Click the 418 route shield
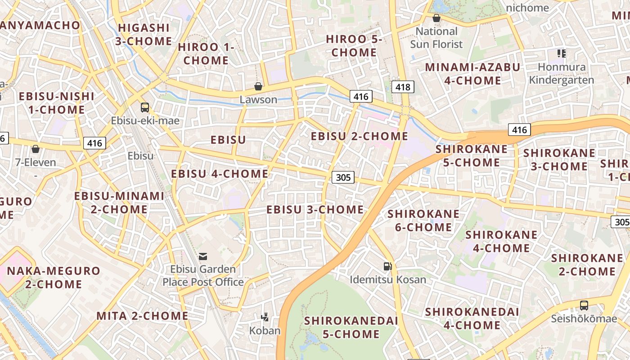pyautogui.click(x=402, y=87)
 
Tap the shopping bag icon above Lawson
pyautogui.click(x=258, y=86)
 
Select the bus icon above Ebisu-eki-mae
pyautogui.click(x=145, y=108)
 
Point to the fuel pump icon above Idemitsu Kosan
pyautogui.click(x=387, y=266)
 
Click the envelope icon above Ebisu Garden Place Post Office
pyautogui.click(x=203, y=256)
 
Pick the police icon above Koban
pyautogui.click(x=265, y=317)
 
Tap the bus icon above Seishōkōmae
pyautogui.click(x=584, y=306)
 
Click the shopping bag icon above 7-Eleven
pyautogui.click(x=36, y=149)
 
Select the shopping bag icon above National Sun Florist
pyautogui.click(x=436, y=18)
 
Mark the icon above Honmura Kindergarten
pyautogui.click(x=561, y=54)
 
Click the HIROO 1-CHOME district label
pyautogui.click(x=206, y=54)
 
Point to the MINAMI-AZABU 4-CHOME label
pyautogui.click(x=472, y=74)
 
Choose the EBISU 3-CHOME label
pyautogui.click(x=315, y=209)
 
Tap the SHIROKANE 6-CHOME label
pyautogui.click(x=423, y=220)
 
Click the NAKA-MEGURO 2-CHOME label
pyautogui.click(x=54, y=277)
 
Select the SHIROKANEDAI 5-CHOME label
pyautogui.click(x=351, y=327)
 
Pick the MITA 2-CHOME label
pyautogui.click(x=142, y=316)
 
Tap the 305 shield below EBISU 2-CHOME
pyautogui.click(x=343, y=177)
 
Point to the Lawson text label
pyautogui.click(x=258, y=99)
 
